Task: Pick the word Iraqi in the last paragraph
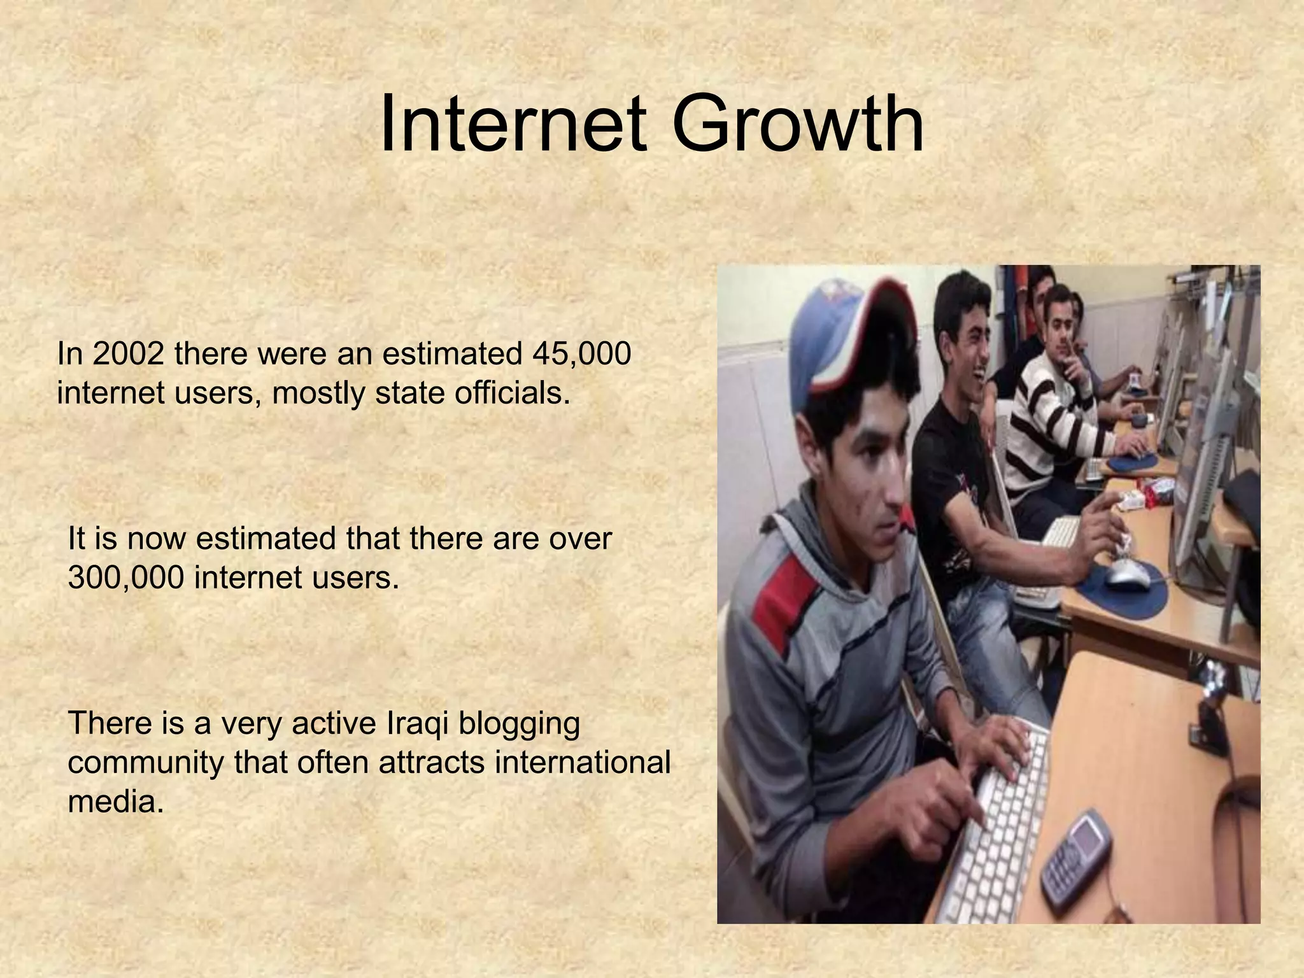pyautogui.click(x=418, y=723)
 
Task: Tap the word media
pyautogui.click(x=115, y=802)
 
